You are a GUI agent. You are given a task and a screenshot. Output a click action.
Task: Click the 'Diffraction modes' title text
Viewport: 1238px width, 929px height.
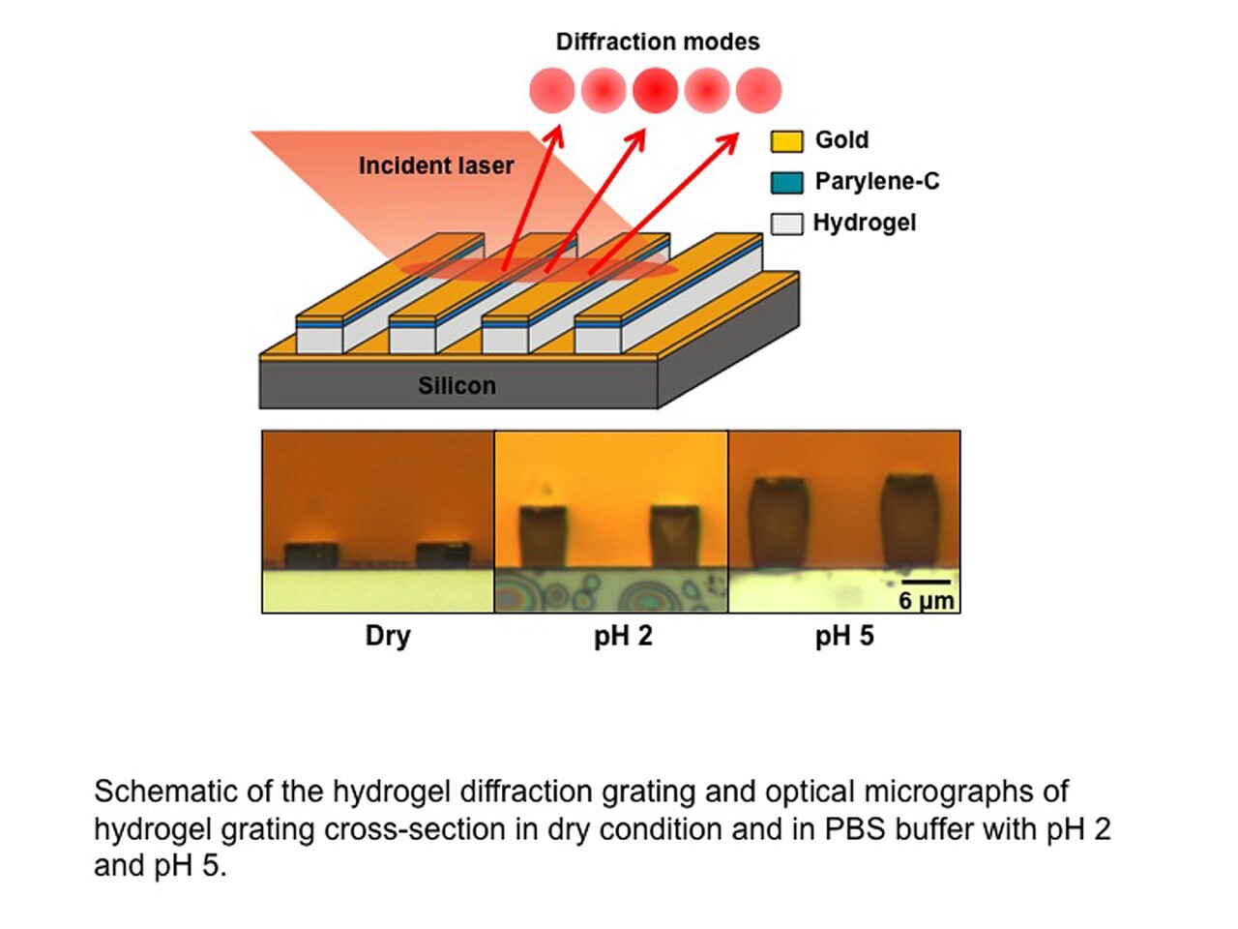coord(658,42)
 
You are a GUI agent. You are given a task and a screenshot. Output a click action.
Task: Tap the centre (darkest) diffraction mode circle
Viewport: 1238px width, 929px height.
coord(655,90)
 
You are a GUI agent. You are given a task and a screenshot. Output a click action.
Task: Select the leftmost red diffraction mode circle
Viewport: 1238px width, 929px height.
coord(552,90)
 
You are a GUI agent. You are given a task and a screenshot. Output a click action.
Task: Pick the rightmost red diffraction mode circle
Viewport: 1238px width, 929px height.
coord(758,90)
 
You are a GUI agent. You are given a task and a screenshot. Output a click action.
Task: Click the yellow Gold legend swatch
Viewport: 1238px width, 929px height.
coord(786,141)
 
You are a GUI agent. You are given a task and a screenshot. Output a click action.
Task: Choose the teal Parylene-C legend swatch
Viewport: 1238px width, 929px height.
coord(786,182)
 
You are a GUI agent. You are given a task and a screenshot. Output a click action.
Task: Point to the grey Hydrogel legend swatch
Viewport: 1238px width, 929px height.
coord(786,224)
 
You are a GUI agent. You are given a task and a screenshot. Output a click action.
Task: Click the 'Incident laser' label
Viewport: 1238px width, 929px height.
coord(436,165)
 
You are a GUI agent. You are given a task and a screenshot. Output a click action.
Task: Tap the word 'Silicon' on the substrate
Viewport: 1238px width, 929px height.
coord(457,385)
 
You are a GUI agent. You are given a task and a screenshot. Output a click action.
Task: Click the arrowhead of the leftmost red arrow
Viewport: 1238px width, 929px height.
coord(555,133)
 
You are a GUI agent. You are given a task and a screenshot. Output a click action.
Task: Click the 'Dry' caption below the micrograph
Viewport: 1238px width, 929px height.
coord(388,636)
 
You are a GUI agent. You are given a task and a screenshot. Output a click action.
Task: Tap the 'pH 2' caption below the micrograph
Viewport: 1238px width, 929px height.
coord(623,636)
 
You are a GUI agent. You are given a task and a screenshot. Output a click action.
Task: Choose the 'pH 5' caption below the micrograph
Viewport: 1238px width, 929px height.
coord(844,636)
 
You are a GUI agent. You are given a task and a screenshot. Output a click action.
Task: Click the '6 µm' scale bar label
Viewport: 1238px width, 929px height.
coord(926,601)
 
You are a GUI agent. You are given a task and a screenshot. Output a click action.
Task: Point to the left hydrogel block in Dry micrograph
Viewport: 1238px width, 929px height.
coord(310,555)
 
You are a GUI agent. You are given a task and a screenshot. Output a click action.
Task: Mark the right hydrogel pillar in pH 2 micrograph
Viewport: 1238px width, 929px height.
coord(674,535)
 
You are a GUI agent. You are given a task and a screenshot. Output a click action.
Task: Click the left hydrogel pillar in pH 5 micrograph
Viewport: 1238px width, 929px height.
coord(779,522)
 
